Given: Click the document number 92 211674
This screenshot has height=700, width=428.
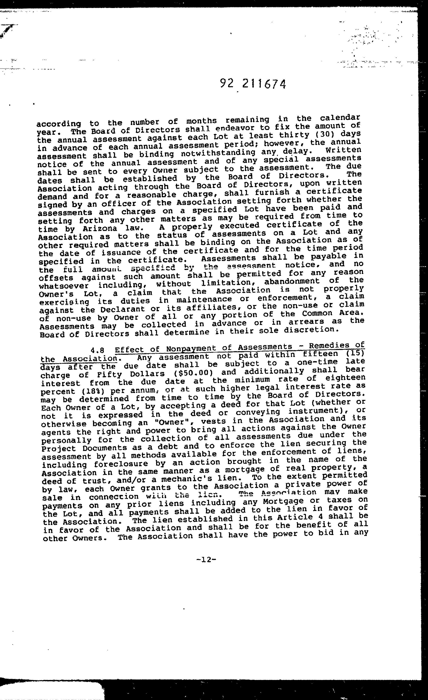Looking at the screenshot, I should (x=253, y=84).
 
